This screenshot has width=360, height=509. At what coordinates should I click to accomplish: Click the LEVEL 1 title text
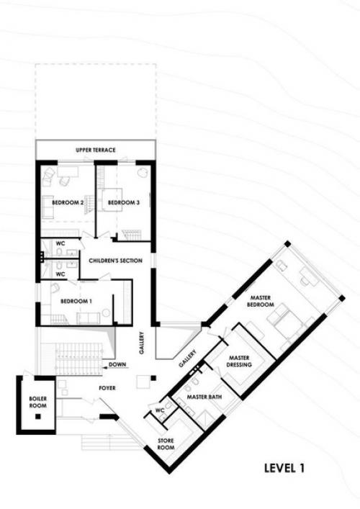tap(284, 468)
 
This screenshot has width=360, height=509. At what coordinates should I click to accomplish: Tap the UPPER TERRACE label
tap(96, 150)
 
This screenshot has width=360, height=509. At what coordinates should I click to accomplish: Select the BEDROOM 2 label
tap(68, 202)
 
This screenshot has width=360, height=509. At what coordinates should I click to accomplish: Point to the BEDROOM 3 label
tap(124, 202)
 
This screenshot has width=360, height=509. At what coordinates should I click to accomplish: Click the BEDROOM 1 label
tap(76, 301)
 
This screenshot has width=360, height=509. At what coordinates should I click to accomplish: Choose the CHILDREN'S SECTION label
tap(116, 261)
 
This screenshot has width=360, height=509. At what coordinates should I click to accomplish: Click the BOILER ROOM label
tap(38, 402)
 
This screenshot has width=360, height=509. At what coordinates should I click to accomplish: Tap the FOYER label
tap(107, 388)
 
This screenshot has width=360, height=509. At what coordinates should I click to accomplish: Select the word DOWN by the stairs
tap(117, 364)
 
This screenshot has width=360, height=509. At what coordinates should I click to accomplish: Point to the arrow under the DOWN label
tap(115, 368)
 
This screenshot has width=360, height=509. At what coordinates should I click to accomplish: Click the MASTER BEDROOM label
tap(261, 301)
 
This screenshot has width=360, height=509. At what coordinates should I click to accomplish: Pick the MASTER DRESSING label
tap(239, 361)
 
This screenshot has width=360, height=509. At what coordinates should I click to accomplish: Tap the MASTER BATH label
tap(204, 397)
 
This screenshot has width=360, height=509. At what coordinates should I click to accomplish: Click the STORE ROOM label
tap(166, 443)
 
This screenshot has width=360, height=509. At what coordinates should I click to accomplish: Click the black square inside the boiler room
tap(38, 416)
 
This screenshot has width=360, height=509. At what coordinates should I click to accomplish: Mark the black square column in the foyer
tap(153, 378)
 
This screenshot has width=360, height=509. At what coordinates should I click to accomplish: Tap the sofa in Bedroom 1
tap(89, 318)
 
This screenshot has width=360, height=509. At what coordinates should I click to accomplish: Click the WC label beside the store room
tap(160, 410)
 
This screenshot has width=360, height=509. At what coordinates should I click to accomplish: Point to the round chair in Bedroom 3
tap(142, 173)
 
